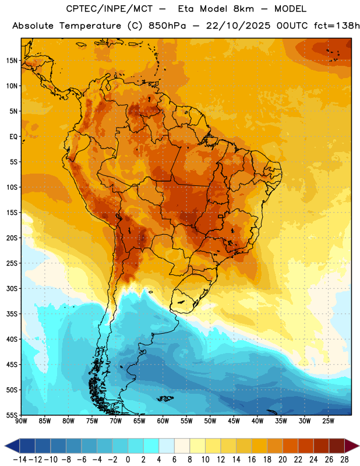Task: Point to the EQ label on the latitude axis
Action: point(13,137)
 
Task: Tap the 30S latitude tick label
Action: point(12,288)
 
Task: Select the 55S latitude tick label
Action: point(12,415)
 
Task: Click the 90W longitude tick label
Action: point(21,421)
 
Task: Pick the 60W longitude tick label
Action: point(163,421)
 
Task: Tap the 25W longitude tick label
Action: point(328,421)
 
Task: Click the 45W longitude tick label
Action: point(234,421)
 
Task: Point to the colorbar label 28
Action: point(344,460)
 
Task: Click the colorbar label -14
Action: point(20,460)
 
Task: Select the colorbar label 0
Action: point(128,460)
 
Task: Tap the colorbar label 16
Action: point(252,460)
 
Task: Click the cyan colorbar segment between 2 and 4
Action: point(151,446)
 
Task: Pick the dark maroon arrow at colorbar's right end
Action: point(352,446)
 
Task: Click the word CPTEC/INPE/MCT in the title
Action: point(110,9)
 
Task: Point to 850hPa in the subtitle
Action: point(167,26)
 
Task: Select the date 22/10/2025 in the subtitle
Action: point(238,26)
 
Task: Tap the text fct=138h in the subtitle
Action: point(337,26)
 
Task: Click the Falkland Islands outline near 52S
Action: point(165,398)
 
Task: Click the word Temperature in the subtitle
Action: point(90,26)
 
